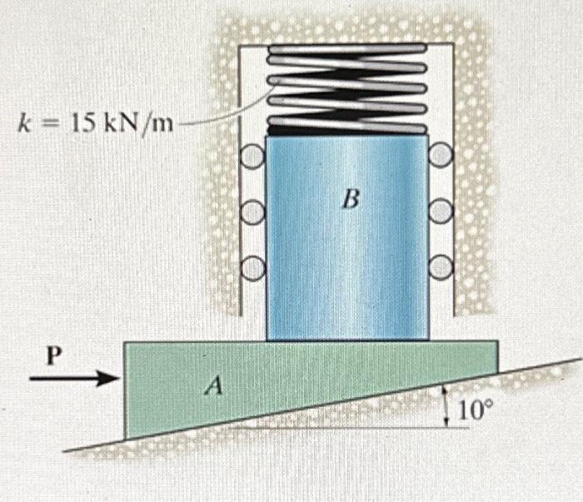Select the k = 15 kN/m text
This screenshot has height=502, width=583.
point(96,125)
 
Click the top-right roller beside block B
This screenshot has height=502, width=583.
point(441,154)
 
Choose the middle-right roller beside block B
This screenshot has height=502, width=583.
point(441,211)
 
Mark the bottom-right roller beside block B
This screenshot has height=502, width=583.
point(441,266)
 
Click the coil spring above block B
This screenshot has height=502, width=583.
point(346,83)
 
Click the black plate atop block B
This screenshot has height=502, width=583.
point(346,130)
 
